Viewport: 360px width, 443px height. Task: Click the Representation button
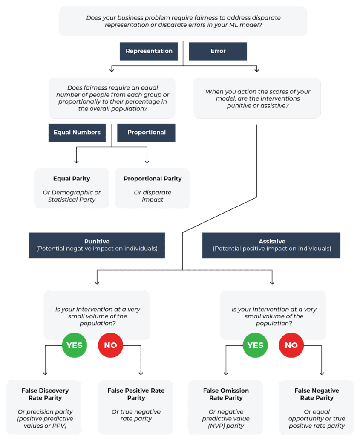pyautogui.click(x=149, y=51)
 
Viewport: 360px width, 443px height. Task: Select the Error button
pyautogui.click(x=218, y=51)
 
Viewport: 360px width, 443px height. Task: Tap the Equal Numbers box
pyautogui.click(x=77, y=133)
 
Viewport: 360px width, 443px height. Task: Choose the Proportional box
pyautogui.click(x=146, y=133)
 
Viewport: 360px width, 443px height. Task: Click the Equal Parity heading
pyautogui.click(x=72, y=179)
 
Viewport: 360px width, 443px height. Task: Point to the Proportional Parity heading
pyautogui.click(x=153, y=179)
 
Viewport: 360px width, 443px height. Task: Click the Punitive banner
pyautogui.click(x=97, y=245)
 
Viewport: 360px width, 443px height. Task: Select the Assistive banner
pyautogui.click(x=271, y=245)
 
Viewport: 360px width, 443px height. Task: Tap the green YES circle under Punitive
pyautogui.click(x=75, y=345)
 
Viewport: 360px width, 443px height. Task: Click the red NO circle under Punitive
pyautogui.click(x=110, y=345)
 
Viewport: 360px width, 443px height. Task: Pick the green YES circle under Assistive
pyautogui.click(x=255, y=345)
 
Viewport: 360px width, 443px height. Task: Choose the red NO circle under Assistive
pyautogui.click(x=291, y=345)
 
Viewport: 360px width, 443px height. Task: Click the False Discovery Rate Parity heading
pyautogui.click(x=45, y=394)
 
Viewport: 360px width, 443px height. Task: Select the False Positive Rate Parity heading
pyautogui.click(x=136, y=394)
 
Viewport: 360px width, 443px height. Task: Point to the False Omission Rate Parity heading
pyautogui.click(x=226, y=394)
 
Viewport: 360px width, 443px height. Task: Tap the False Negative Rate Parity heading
pyautogui.click(x=317, y=394)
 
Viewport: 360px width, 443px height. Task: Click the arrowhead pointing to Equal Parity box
pyautogui.click(x=77, y=162)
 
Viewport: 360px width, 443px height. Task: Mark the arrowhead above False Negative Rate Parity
pyautogui.click(x=322, y=373)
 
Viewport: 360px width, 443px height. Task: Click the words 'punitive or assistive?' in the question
pyautogui.click(x=258, y=106)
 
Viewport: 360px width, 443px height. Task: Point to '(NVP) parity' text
pyautogui.click(x=226, y=426)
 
